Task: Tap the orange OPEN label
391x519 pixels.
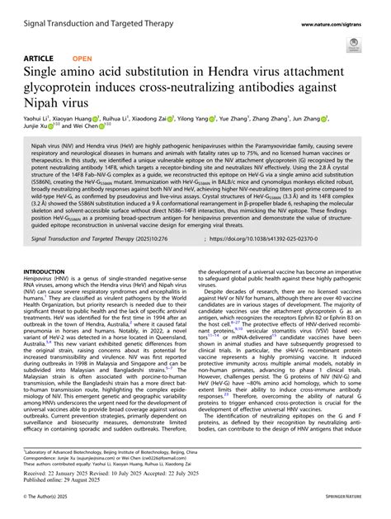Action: (82, 59)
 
